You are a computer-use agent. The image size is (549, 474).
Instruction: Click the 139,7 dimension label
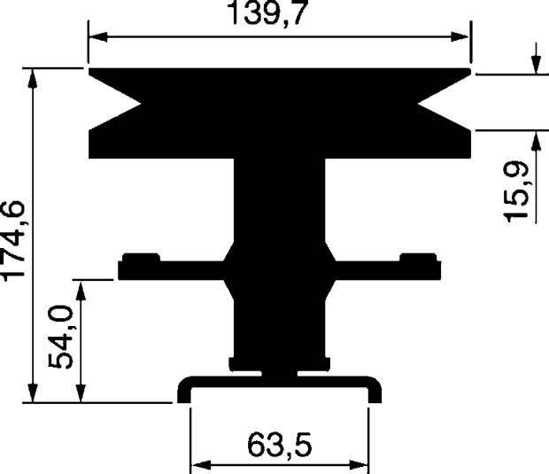tap(267, 12)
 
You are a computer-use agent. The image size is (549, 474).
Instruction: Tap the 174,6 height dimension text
tap(13, 241)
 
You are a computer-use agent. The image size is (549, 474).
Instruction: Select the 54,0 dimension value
tap(60, 337)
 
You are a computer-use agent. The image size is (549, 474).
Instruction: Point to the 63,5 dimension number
tap(279, 446)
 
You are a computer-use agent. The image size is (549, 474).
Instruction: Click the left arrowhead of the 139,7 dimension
tap(98, 37)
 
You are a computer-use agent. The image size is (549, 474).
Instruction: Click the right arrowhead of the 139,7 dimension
tap(460, 37)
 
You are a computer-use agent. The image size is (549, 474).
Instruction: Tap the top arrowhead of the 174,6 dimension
tap(33, 78)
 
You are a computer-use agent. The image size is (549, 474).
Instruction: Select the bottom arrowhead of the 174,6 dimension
tap(33, 393)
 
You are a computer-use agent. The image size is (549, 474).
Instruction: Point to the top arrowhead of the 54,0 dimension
tap(81, 290)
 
